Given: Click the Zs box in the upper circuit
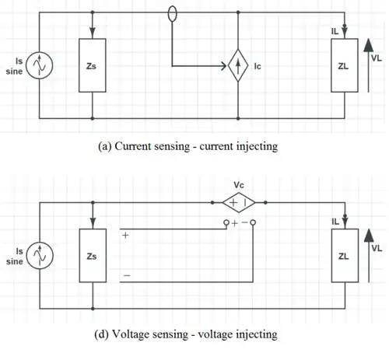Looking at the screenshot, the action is point(93,65).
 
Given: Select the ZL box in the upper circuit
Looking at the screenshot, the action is point(345,65).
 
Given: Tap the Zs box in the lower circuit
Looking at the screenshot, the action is point(93,255).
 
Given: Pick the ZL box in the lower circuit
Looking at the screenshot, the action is point(345,255).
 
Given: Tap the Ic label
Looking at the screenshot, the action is point(258,66).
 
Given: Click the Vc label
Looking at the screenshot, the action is point(239,185).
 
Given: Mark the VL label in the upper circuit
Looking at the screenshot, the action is point(377,58).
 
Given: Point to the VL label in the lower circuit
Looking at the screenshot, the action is point(377,248).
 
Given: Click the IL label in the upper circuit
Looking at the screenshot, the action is point(335,32).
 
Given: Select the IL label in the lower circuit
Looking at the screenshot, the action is point(335,222).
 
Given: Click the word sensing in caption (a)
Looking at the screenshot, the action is point(172,147).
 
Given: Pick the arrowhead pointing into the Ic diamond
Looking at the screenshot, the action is point(223,66).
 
